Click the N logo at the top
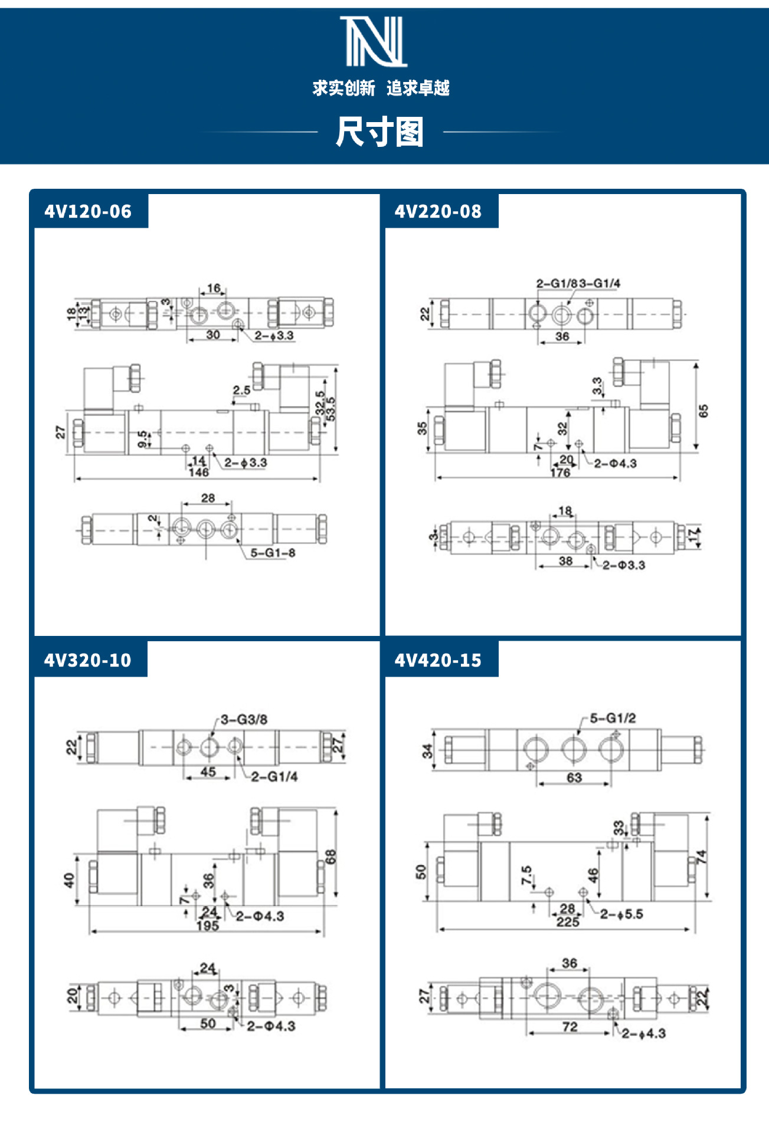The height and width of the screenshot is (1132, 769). point(374,41)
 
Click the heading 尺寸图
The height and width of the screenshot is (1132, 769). point(379,132)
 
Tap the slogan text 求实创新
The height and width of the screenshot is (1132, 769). point(343,88)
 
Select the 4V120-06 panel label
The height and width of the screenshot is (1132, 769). point(88,211)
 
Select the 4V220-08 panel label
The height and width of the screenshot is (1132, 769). point(438,211)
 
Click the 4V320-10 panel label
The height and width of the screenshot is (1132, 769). point(88,660)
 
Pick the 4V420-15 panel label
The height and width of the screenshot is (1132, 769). point(438,660)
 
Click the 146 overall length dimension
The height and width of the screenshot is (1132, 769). point(199,473)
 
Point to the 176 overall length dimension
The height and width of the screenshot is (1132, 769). point(560,473)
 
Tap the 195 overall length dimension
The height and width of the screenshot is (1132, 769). point(208,926)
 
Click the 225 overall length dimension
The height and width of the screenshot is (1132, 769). point(568,922)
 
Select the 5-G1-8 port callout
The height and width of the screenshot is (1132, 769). point(273,553)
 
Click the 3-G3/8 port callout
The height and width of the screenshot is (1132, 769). point(244,720)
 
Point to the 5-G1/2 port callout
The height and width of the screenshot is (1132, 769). point(613,718)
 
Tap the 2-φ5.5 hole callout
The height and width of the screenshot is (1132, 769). point(621,914)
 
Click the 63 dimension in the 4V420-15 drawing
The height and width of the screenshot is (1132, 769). point(574,777)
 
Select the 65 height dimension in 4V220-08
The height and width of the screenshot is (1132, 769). point(703,411)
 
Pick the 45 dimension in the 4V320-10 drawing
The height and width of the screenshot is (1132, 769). point(208,772)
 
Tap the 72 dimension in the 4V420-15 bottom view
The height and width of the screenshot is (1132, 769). point(570,1027)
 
